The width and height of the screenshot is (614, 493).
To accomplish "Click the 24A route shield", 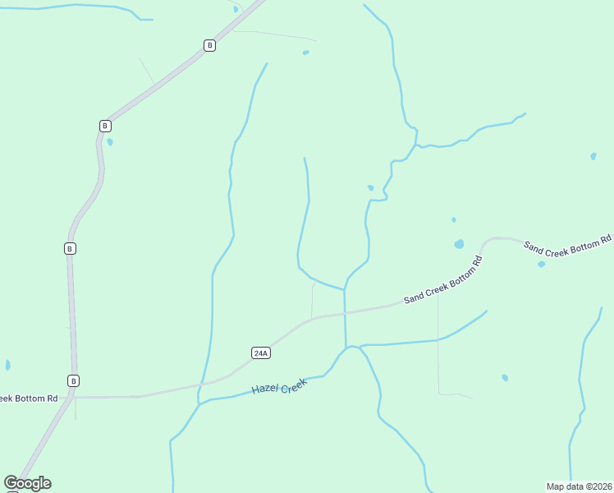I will pyautogui.click(x=261, y=353).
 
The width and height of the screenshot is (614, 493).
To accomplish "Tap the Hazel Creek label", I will pyautogui.click(x=279, y=387).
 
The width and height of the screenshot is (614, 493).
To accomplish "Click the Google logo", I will pyautogui.click(x=28, y=483).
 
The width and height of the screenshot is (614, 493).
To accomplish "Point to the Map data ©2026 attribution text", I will pyautogui.click(x=579, y=486).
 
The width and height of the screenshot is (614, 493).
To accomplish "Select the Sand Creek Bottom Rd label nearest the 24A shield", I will pyautogui.click(x=442, y=280).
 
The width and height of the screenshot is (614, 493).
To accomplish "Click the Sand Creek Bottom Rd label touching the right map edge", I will pyautogui.click(x=568, y=246).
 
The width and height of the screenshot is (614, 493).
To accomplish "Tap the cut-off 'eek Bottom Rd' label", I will pyautogui.click(x=29, y=399).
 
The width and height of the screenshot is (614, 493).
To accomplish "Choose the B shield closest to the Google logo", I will pyautogui.click(x=74, y=380).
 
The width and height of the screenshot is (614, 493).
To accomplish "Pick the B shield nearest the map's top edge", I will pyautogui.click(x=209, y=46).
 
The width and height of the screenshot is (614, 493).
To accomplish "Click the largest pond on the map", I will pyautogui.click(x=459, y=244).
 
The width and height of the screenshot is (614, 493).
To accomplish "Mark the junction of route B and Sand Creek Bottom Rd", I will pyautogui.click(x=73, y=397).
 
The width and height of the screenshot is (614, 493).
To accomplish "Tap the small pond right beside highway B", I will pyautogui.click(x=110, y=141).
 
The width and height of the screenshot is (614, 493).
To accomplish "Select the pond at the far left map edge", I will pyautogui.click(x=7, y=365).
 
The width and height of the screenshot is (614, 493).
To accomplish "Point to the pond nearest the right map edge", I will pyautogui.click(x=593, y=155).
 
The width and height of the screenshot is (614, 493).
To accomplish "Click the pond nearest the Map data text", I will pyautogui.click(x=505, y=377).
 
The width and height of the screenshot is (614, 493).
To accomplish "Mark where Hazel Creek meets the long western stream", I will pyautogui.click(x=199, y=402).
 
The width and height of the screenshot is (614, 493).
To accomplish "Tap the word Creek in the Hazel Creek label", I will pyautogui.click(x=294, y=383).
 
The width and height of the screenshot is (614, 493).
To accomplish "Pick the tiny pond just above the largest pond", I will pyautogui.click(x=453, y=219).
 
